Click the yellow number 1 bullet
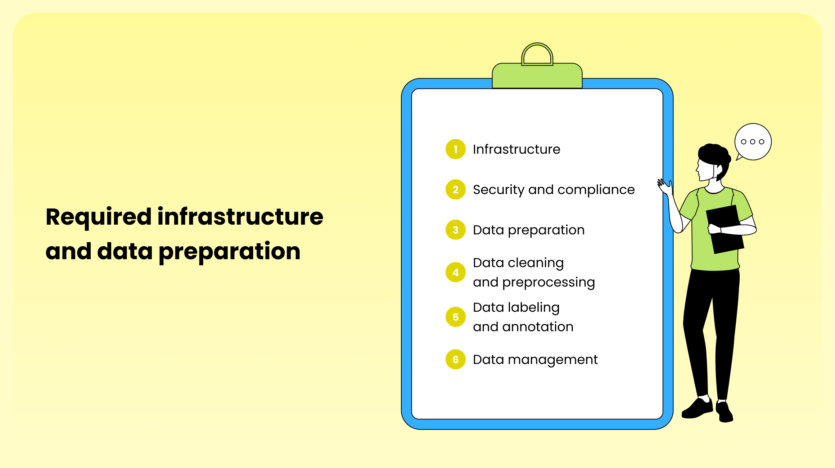coord(456,149)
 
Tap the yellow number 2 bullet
coord(456,189)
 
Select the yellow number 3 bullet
coord(456,230)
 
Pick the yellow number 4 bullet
coord(456,272)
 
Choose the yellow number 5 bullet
coord(456,317)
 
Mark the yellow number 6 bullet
coord(456,359)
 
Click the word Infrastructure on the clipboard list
coord(516,149)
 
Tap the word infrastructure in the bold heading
coord(240,217)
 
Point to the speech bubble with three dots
coord(753,142)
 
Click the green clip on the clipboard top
coord(537,76)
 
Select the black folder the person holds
coord(725,229)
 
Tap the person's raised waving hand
coord(665,186)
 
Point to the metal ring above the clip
coord(537,44)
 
